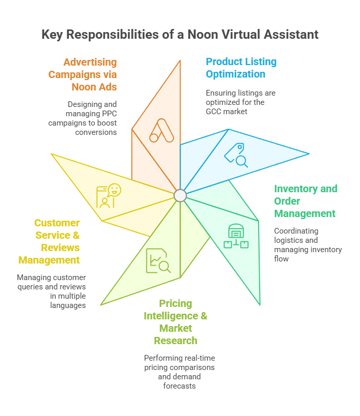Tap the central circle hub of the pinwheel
180,195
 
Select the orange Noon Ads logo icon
160,131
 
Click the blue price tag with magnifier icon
236,155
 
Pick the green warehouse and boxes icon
236,236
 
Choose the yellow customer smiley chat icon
109,196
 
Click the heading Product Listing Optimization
241,68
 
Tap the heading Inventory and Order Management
305,201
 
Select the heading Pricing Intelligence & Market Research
175,322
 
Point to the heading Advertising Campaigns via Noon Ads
83,74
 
